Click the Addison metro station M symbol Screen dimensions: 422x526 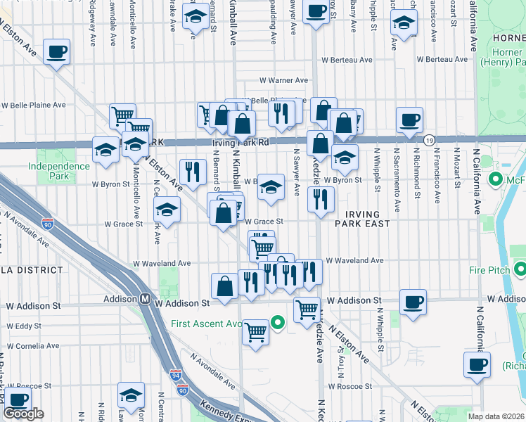pos(143,298)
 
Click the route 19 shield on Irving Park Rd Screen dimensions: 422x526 pos(429,141)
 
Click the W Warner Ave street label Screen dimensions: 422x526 pos(283,81)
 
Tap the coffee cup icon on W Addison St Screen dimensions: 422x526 pos(413,301)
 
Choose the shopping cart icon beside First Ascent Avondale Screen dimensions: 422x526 pos(255,331)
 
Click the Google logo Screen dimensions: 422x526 pos(23,414)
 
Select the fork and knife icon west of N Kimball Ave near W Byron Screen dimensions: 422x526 pos(192,171)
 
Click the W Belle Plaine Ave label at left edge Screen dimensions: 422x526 pos(33,105)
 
